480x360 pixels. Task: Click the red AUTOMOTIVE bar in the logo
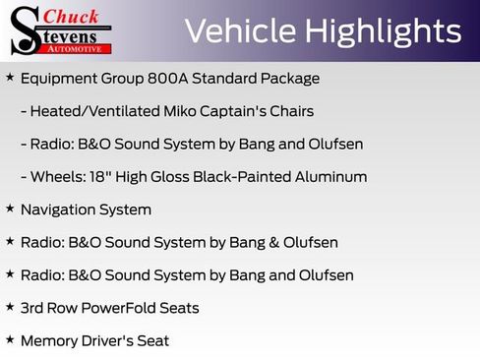click(77, 48)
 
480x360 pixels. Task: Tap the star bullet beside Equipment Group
click(10, 78)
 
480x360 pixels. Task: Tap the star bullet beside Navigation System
click(10, 209)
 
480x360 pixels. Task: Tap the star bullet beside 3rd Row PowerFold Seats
click(10, 307)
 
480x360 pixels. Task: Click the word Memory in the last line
click(47, 341)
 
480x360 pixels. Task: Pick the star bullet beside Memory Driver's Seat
click(10, 339)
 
